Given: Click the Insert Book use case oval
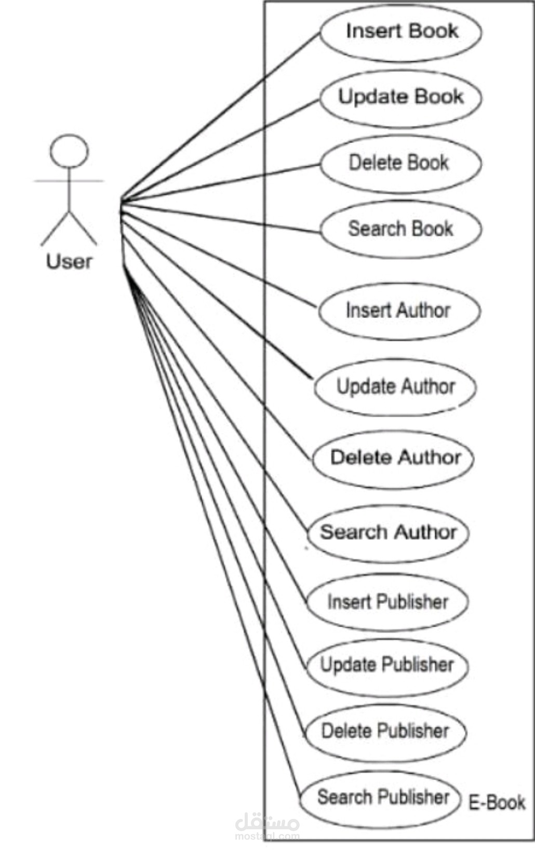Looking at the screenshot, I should [x=400, y=32].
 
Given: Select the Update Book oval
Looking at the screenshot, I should [x=400, y=98].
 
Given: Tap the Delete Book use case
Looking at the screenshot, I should [x=400, y=163].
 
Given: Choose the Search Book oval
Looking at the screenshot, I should [x=400, y=229].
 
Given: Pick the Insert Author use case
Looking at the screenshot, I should [x=399, y=311].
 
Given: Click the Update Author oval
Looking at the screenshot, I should [x=395, y=387].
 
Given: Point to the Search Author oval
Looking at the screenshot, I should [x=388, y=533].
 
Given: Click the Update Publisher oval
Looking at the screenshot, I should [x=387, y=666].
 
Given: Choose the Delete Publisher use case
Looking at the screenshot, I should [x=385, y=732].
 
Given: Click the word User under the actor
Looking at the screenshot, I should [x=69, y=261].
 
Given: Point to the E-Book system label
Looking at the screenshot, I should [x=497, y=803].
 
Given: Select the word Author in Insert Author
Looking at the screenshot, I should [x=423, y=311].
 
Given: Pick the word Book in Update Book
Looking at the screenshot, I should [x=439, y=97].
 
